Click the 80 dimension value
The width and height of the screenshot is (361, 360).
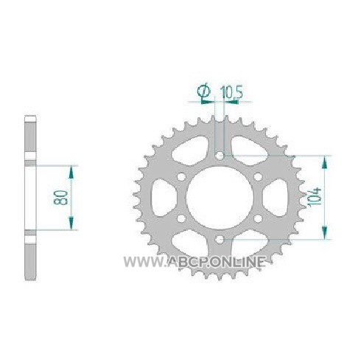pyautogui.click(x=60, y=197)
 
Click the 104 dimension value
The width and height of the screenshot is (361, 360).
pyautogui.click(x=315, y=197)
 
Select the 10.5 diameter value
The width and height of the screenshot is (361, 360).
pyautogui.click(x=231, y=93)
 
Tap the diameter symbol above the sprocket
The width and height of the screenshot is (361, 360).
pyautogui.click(x=204, y=91)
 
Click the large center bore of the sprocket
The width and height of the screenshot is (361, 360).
pyautogui.click(x=220, y=198)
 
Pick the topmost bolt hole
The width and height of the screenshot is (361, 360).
pyautogui.click(x=220, y=156)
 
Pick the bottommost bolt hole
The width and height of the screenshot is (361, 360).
pyautogui.click(x=220, y=239)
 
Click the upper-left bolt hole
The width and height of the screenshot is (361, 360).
pyautogui.click(x=181, y=177)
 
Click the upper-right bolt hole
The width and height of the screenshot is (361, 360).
pyautogui.click(x=258, y=177)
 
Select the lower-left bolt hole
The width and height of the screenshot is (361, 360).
pyautogui.click(x=181, y=218)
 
